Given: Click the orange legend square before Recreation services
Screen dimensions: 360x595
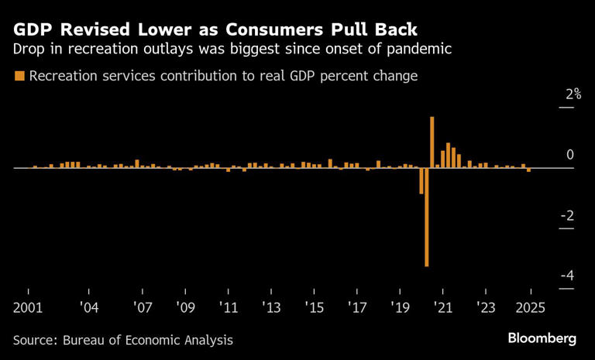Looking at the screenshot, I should (x=19, y=76).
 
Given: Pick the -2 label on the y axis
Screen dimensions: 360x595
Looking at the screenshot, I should (x=566, y=215).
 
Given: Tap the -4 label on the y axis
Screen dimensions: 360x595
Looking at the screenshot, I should (x=566, y=276).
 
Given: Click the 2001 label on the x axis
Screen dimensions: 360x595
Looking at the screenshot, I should (x=28, y=307).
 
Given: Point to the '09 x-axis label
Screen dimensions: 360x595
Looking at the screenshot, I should (x=184, y=307).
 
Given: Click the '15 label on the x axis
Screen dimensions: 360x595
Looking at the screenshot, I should (x=314, y=307).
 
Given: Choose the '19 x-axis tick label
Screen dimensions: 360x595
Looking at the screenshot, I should (x=399, y=307).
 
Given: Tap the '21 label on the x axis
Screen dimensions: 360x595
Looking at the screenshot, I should (x=442, y=307).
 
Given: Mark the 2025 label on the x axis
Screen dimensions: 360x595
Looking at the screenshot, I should (x=531, y=307).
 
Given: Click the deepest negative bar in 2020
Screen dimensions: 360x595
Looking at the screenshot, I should (x=426, y=225).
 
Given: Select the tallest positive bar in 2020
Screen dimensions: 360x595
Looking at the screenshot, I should (x=432, y=142).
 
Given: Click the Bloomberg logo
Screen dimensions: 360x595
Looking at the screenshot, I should (x=542, y=338).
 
